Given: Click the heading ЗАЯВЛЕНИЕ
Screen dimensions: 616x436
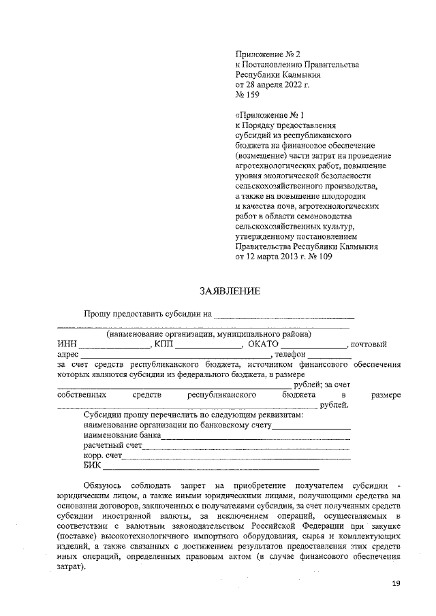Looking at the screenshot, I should [229, 292].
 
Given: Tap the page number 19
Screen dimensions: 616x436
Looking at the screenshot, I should [396, 584].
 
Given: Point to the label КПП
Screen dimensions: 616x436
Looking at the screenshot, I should [165, 344].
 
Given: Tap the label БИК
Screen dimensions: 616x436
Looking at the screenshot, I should [92, 466].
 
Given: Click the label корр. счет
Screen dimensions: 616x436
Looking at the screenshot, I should [103, 455].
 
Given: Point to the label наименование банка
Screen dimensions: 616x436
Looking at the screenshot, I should [122, 434].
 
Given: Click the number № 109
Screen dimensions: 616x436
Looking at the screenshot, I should [320, 257].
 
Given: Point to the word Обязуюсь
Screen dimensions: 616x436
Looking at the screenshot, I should [103, 485].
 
